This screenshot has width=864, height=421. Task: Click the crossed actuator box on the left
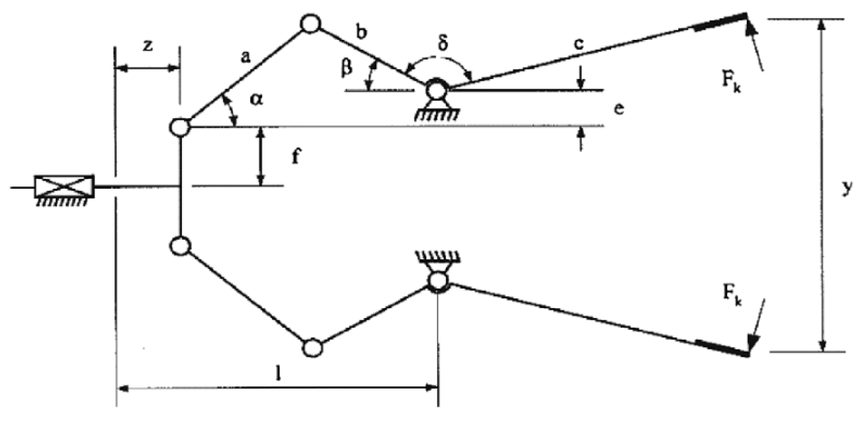(64, 187)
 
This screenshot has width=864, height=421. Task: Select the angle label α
(256, 99)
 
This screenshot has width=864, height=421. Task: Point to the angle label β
(346, 68)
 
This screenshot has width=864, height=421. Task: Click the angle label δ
(442, 43)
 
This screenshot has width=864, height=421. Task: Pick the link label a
(245, 57)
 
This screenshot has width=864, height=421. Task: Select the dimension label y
(848, 187)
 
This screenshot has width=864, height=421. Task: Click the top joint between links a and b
(311, 24)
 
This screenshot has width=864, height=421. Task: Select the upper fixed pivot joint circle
(438, 89)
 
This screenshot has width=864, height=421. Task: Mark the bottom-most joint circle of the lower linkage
(312, 348)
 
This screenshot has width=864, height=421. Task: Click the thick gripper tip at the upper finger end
(721, 23)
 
